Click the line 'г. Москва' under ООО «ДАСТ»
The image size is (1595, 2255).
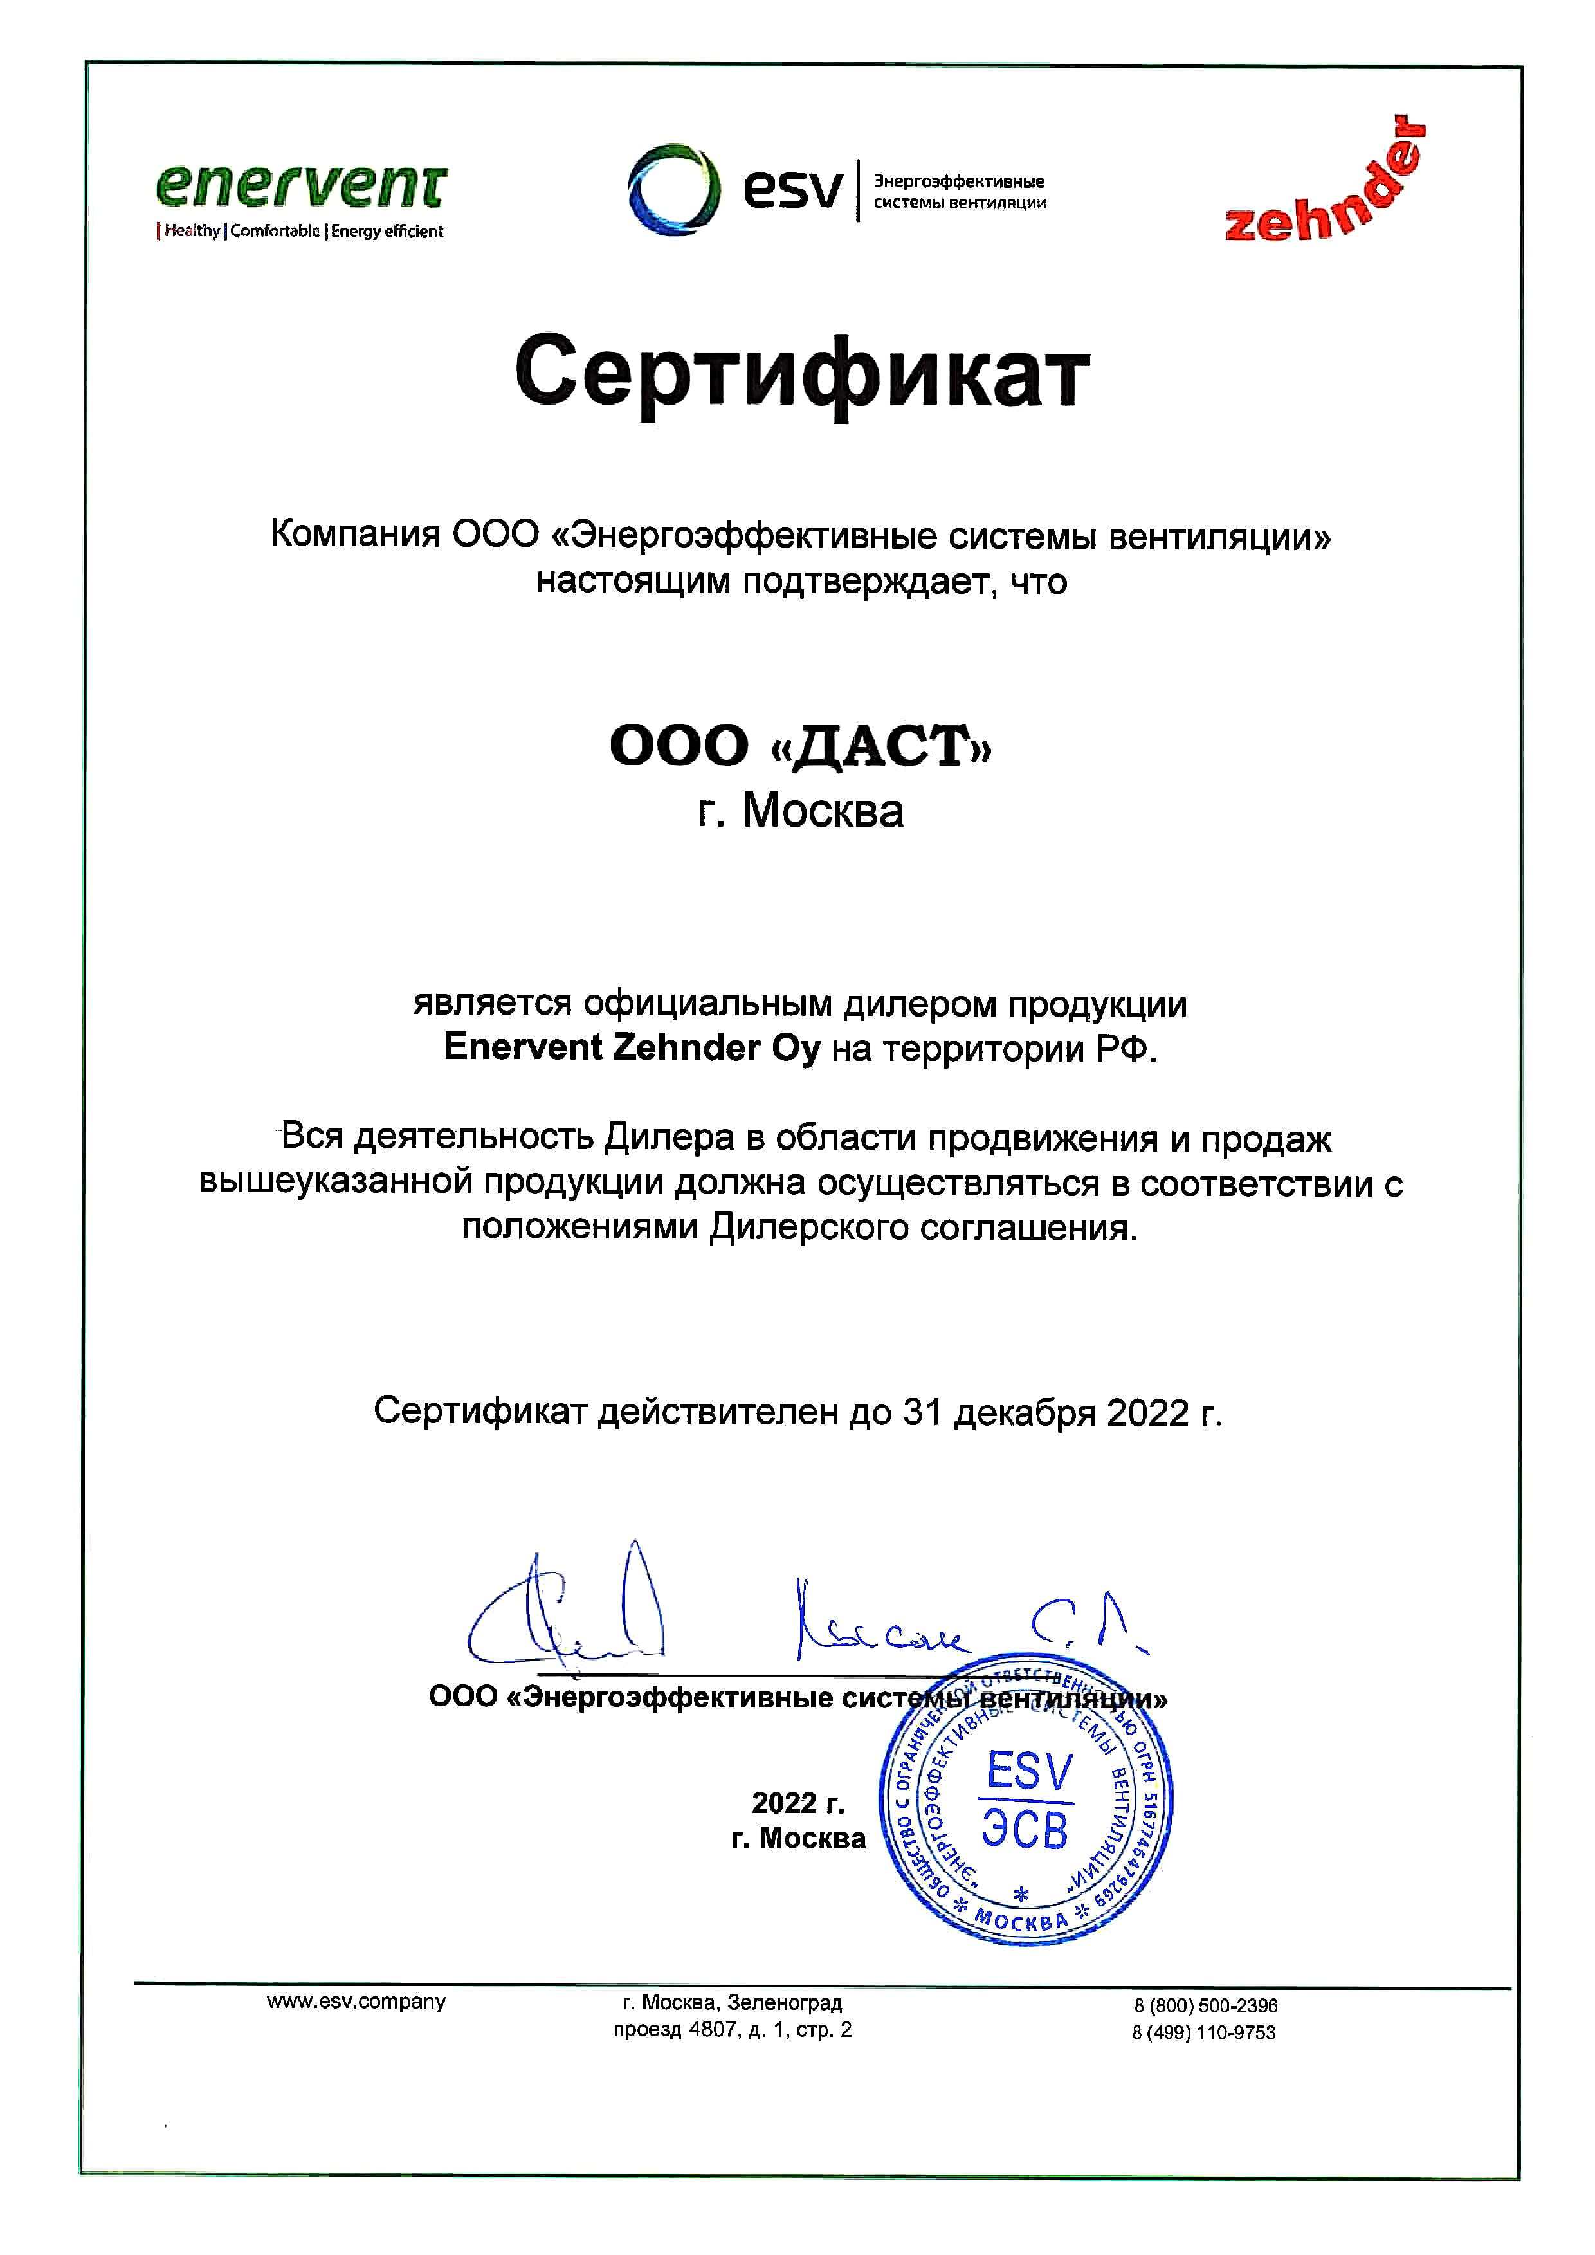coord(801,811)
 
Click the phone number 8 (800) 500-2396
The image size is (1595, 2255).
coord(1205,2005)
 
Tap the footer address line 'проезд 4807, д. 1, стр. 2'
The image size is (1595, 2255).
coord(732,2030)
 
